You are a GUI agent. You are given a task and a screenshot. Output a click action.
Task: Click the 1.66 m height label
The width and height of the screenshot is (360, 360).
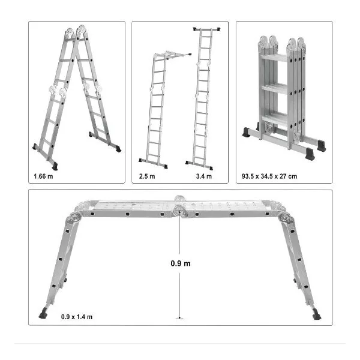[43, 176]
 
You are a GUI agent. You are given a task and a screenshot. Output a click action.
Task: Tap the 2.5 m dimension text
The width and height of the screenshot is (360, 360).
[147, 176]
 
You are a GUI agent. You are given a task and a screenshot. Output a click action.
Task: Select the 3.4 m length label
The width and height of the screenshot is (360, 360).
[204, 176]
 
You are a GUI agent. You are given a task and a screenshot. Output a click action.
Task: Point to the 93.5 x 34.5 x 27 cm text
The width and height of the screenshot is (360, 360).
[269, 176]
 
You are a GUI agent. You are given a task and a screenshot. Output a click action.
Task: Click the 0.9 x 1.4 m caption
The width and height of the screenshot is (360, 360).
[77, 317]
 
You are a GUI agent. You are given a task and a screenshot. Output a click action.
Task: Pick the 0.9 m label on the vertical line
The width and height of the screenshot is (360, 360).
[181, 263]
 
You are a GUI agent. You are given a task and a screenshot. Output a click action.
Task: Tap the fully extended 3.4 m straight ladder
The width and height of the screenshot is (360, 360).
[203, 99]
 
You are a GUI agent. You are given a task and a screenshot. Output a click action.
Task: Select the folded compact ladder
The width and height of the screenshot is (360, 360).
[284, 97]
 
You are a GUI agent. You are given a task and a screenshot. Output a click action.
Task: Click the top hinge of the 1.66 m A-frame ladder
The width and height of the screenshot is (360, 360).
[76, 32]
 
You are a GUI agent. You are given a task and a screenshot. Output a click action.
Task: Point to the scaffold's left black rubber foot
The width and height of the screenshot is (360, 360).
[43, 314]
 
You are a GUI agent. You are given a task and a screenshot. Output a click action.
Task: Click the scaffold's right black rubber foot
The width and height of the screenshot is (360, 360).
[317, 314]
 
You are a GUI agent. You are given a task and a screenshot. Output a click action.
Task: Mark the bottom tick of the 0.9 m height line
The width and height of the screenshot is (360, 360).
[179, 319]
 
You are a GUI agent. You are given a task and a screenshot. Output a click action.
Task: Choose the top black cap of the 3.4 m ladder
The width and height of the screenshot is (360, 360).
[206, 29]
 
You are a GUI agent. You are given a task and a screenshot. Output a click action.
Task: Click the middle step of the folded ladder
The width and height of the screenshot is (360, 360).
[275, 89]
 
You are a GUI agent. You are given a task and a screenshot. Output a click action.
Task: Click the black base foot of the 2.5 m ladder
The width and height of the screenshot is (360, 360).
[153, 163]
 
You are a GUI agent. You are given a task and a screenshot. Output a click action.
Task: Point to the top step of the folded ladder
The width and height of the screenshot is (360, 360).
[274, 58]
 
